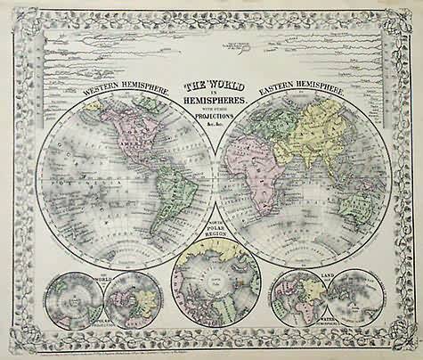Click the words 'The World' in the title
tap(212, 86)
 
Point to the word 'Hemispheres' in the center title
tap(212, 100)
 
